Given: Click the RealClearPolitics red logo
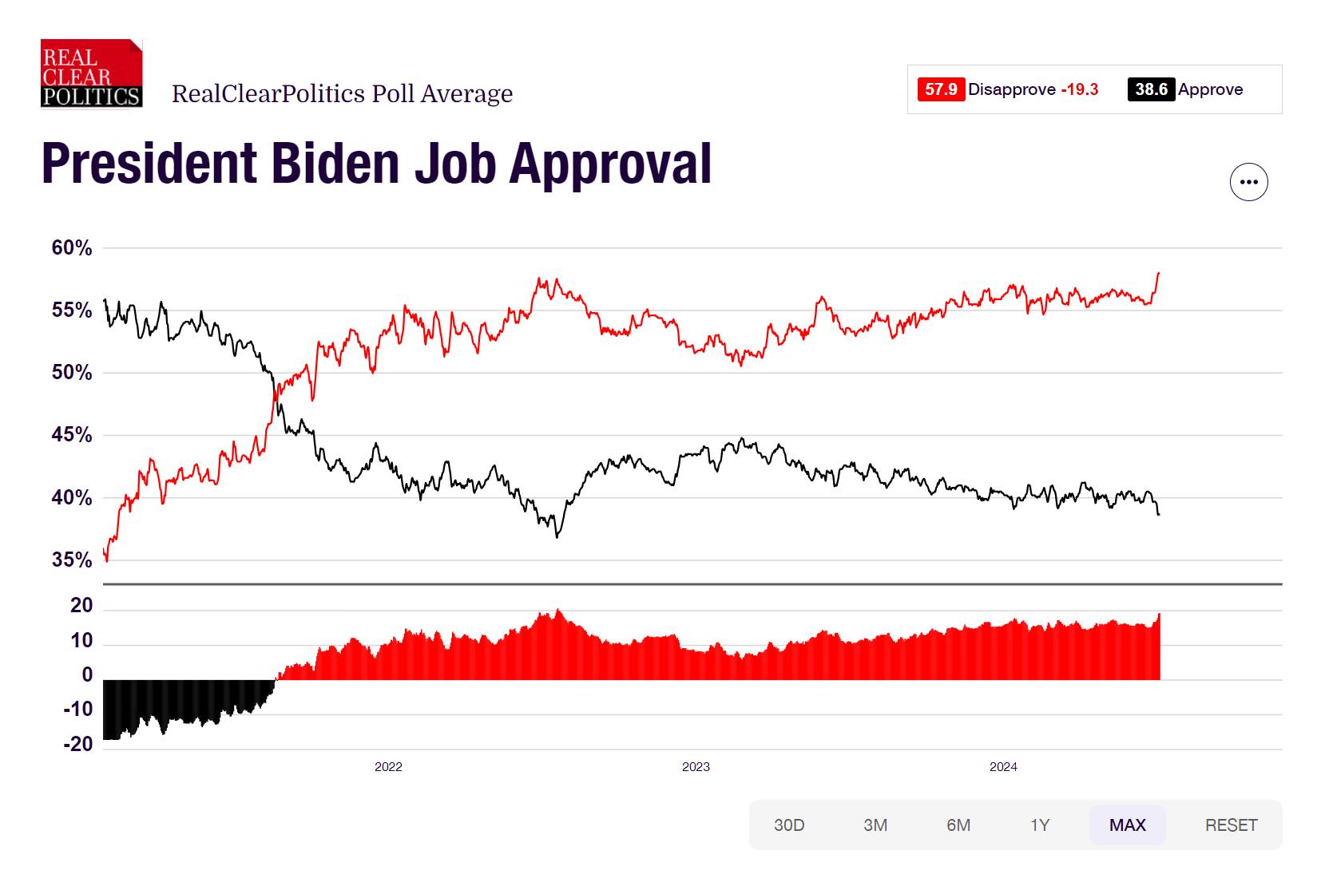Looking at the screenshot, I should pyautogui.click(x=91, y=73).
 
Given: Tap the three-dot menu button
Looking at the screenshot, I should pyautogui.click(x=1248, y=182).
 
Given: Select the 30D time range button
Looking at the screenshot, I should pyautogui.click(x=788, y=825).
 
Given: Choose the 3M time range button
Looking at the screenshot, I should pyautogui.click(x=875, y=825).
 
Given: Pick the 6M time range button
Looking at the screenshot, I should pyautogui.click(x=958, y=825).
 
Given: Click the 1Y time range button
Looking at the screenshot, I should pyautogui.click(x=1039, y=825).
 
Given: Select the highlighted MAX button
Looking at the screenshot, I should pyautogui.click(x=1127, y=825).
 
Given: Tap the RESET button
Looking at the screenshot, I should pyautogui.click(x=1231, y=825).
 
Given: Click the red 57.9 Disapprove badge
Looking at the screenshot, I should pyautogui.click(x=941, y=89).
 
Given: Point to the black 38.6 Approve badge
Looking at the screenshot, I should pyautogui.click(x=1151, y=89).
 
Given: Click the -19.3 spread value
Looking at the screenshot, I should pyautogui.click(x=1080, y=89).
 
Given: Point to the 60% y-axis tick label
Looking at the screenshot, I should pyautogui.click(x=72, y=248).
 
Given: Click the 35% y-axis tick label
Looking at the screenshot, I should pyautogui.click(x=72, y=560).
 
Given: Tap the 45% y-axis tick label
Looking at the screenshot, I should pyautogui.click(x=72, y=435).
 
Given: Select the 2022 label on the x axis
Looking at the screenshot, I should pyautogui.click(x=388, y=767).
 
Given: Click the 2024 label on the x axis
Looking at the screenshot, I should pyautogui.click(x=1003, y=767).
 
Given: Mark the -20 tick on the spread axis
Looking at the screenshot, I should pyautogui.click(x=78, y=744).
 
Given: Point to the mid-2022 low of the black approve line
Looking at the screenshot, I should pyautogui.click(x=557, y=536).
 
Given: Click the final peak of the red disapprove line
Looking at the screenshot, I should pyautogui.click(x=1159, y=274).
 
